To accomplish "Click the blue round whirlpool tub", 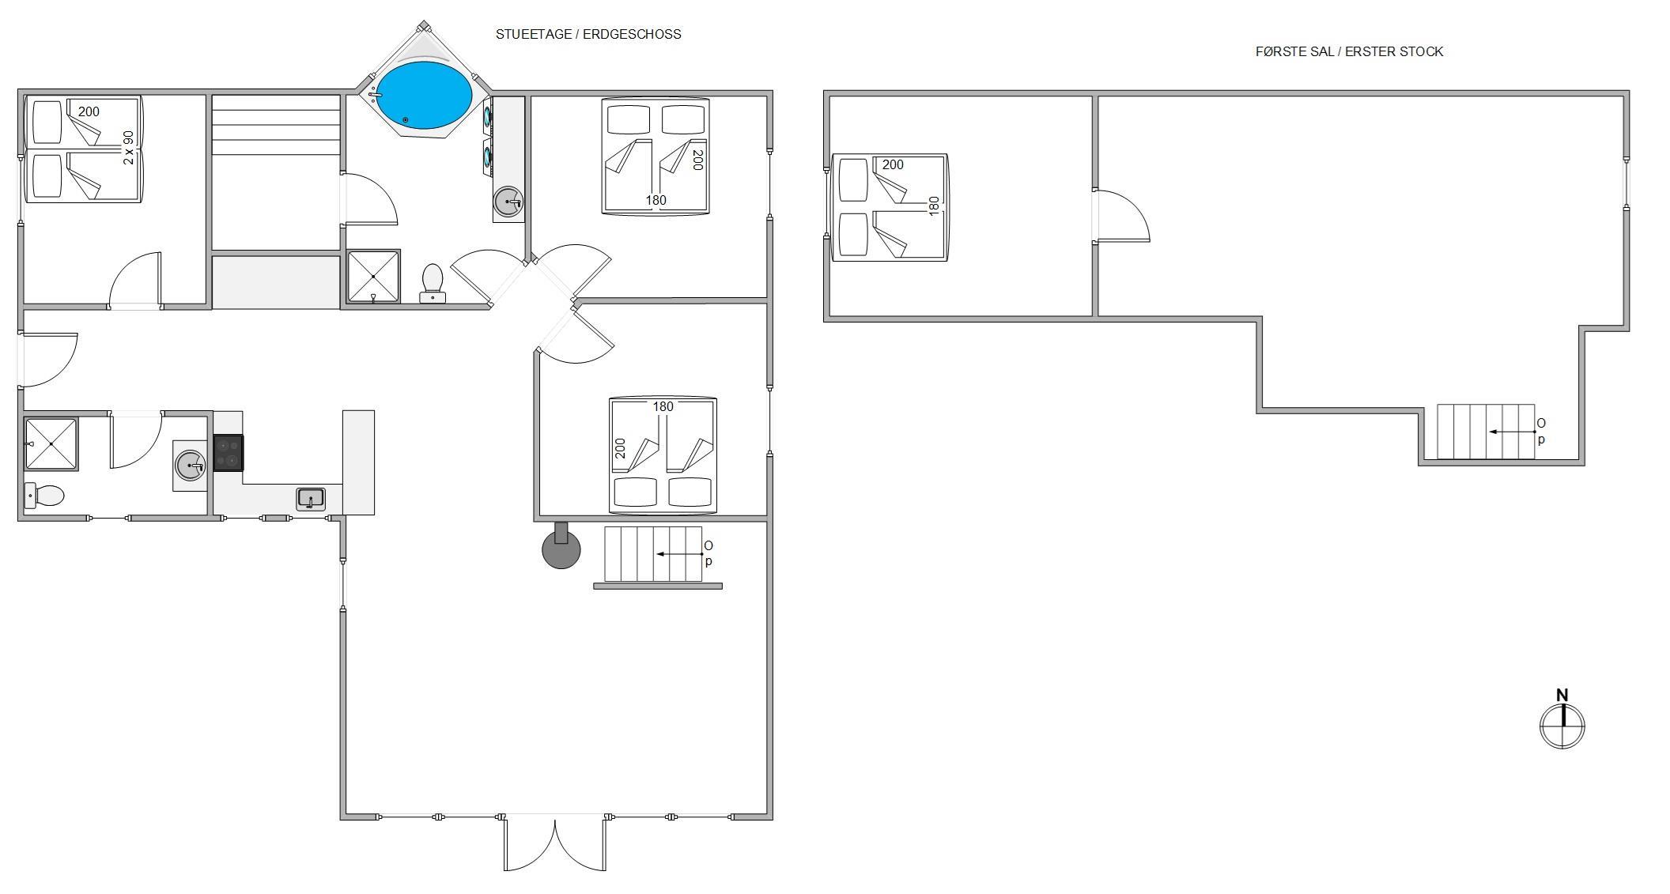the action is pos(423,95).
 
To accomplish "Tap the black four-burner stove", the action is pos(229,453).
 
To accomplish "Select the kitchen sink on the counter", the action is pos(311,499).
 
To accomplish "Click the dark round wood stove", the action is pos(561,548).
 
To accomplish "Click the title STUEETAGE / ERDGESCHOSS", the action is pos(588,34).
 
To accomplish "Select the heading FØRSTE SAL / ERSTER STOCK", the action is pos(1350,51).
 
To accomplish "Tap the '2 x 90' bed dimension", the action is pos(129,147).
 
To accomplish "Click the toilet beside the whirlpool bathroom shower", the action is pos(433,283).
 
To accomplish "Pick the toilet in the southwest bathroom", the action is pos(44,496).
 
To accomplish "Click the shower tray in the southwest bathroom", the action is pos(51,443).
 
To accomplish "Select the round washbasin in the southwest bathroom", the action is pos(191,465).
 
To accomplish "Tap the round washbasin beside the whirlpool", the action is pos(508,202).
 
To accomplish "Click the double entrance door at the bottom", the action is pos(555,843).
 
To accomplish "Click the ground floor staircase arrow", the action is pos(680,554).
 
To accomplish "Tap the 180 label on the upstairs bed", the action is pos(934,206).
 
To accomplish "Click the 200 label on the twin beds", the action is pos(89,111).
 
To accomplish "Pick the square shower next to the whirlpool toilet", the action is pos(374,276).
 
